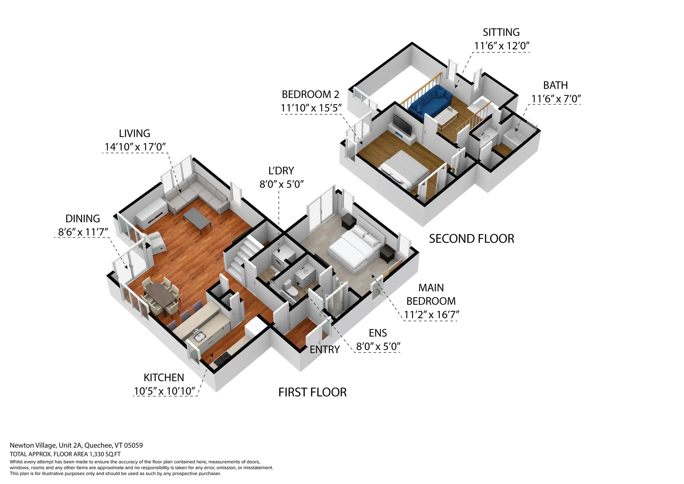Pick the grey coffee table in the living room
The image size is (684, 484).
(197, 220)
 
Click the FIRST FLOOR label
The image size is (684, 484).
(312, 392)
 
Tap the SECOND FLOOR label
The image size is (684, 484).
(472, 239)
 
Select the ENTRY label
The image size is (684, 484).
(325, 350)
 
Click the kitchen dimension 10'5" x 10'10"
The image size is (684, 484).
(165, 391)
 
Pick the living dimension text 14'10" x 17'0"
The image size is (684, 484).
(135, 147)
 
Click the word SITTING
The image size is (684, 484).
(501, 32)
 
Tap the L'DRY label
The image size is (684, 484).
(281, 171)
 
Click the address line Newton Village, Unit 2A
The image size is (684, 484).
(46, 445)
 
